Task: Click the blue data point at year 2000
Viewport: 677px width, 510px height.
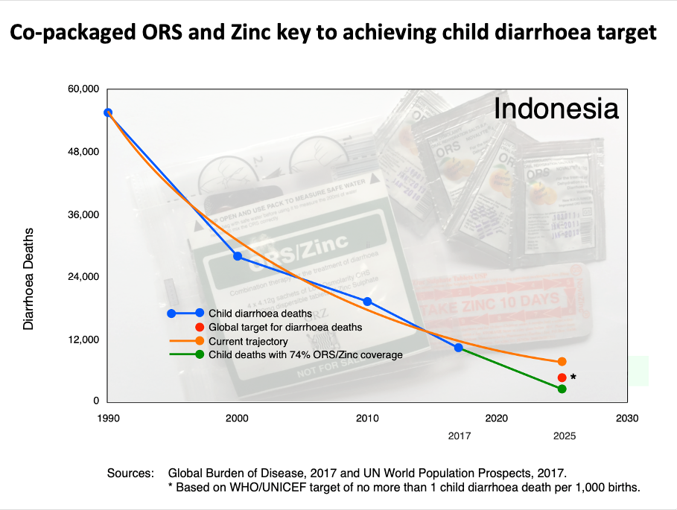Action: [238, 256]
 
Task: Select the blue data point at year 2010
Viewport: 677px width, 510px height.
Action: [367, 302]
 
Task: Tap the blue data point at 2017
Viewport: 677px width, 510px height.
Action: [458, 348]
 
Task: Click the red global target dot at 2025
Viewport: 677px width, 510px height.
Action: [562, 377]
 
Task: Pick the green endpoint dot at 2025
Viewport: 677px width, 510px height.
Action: [562, 389]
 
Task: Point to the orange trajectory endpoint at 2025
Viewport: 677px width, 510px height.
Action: [562, 362]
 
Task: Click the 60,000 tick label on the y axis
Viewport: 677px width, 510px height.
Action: [83, 89]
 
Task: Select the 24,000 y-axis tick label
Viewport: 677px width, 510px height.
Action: [83, 277]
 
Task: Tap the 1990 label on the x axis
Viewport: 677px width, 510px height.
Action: [109, 418]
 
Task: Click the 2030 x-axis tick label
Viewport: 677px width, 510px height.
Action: [627, 418]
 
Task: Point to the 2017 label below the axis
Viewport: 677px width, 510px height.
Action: [458, 436]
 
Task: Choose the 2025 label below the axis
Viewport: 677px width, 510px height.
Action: [564, 436]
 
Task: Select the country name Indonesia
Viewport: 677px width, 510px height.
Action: [556, 109]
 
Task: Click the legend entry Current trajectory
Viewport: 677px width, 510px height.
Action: [248, 341]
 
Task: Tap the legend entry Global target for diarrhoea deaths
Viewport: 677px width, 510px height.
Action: [285, 327]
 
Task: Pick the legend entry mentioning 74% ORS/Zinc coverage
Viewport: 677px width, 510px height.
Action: [305, 354]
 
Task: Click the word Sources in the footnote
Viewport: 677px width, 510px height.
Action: [130, 473]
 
